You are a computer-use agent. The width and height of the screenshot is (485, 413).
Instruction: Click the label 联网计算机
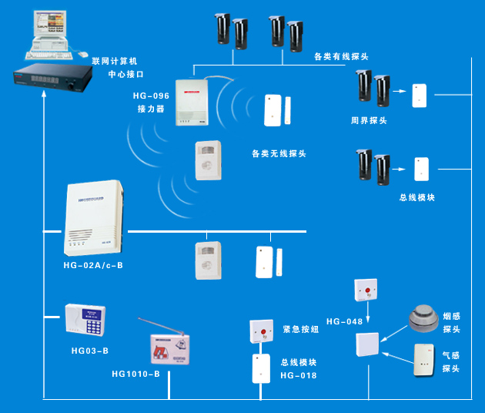[x=113, y=60]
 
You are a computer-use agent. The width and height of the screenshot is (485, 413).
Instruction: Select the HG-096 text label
[x=151, y=96]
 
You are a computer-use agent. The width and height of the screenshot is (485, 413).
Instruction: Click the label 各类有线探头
[x=341, y=56]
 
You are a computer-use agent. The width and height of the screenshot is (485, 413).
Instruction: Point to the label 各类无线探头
[x=279, y=153]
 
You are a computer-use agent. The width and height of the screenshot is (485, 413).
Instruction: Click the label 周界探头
[x=369, y=120]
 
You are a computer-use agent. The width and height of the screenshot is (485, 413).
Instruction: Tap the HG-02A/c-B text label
[x=93, y=265]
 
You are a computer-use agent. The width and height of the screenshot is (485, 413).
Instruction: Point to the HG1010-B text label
[x=136, y=374]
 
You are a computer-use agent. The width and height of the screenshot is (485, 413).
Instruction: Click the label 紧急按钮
[x=300, y=329]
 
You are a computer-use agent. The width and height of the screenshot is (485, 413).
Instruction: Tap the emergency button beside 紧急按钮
[x=260, y=331]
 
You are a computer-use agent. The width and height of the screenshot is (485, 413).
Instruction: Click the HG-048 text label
[x=344, y=320]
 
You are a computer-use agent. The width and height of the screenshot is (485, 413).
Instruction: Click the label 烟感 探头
[x=451, y=323]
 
